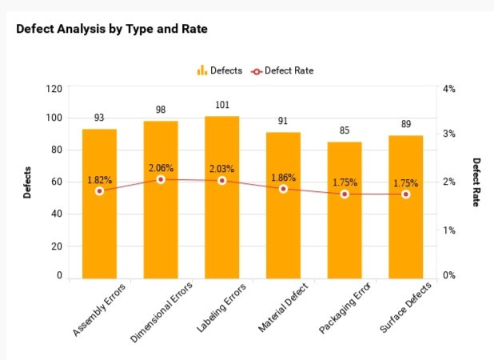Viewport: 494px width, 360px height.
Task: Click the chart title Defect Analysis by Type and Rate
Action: [x=112, y=29]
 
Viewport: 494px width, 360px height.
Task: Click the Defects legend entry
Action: [x=220, y=70]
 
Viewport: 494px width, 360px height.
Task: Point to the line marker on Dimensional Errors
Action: [x=161, y=179]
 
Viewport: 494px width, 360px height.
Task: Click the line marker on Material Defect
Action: [x=283, y=189]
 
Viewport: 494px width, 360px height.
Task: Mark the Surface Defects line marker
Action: [x=406, y=194]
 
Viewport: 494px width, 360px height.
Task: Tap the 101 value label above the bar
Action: [x=222, y=105]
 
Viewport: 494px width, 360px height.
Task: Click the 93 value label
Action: [x=99, y=118]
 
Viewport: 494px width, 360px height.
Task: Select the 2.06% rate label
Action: [x=161, y=168]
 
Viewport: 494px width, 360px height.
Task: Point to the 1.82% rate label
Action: [x=99, y=180]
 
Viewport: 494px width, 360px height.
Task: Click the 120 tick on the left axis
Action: [x=54, y=88]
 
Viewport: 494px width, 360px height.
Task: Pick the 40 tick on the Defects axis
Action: [x=56, y=214]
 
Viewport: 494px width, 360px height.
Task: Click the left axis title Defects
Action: [x=27, y=182]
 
